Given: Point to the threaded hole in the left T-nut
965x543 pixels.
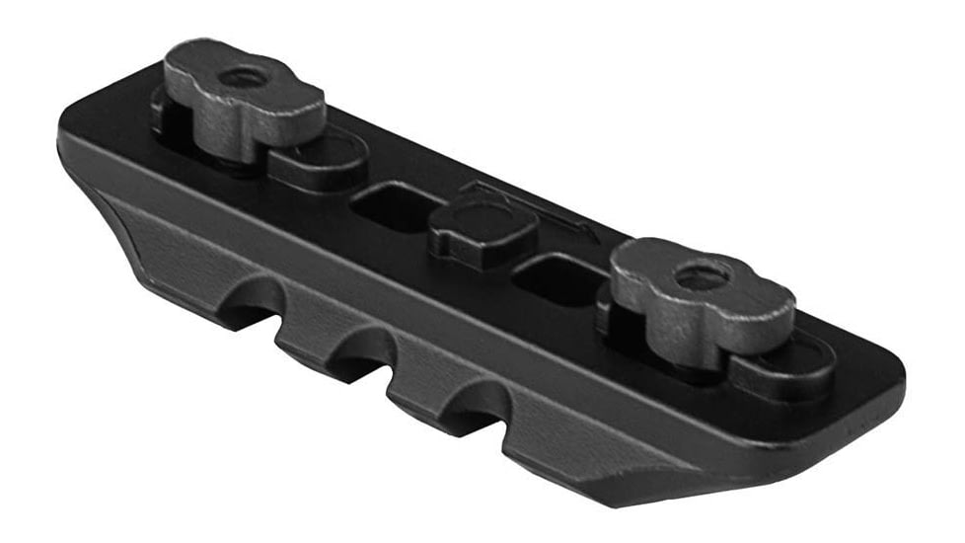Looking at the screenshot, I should pos(240,76).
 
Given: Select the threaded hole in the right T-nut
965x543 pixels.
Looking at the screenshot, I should pos(703,276).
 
